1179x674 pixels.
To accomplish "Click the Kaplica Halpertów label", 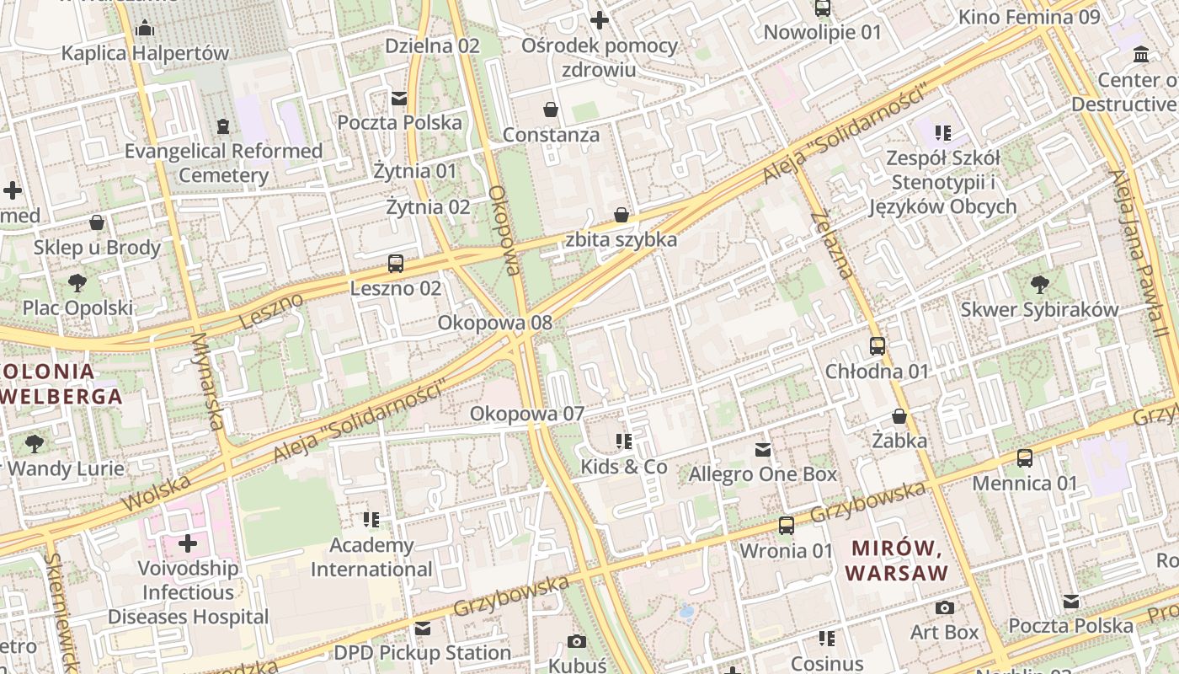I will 145,53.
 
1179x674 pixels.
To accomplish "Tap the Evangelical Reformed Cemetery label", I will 224,163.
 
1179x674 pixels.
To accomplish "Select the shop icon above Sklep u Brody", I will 97,222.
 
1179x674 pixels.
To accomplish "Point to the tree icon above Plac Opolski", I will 77,282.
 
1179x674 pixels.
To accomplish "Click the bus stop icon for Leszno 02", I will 396,264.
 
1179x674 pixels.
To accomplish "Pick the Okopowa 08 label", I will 495,323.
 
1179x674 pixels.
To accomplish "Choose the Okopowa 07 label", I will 527,414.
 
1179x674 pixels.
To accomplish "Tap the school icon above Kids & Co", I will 624,441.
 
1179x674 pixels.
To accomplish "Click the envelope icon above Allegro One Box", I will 763,450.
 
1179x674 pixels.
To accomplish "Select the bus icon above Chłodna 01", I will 878,346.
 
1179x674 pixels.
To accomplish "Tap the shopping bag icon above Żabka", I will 899,416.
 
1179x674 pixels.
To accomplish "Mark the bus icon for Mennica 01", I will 1025,458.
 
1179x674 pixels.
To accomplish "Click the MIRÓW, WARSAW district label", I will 897,560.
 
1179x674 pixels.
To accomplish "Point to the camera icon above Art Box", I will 945,607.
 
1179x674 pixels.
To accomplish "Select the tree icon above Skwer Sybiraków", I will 1040,284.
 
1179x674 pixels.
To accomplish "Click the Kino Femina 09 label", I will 1029,17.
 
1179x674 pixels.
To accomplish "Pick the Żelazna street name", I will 833,245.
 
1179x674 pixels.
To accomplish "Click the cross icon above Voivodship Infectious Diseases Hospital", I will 188,543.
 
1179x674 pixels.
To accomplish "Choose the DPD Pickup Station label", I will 423,653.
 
